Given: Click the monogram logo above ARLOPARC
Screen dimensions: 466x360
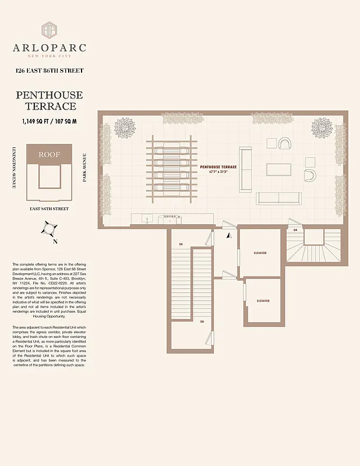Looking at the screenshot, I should [x=49, y=30].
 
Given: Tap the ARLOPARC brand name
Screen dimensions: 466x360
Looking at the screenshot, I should [x=49, y=48].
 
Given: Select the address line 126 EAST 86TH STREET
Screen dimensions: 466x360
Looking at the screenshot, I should [x=49, y=71].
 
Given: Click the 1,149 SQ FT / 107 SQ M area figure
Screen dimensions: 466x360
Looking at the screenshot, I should [x=49, y=121].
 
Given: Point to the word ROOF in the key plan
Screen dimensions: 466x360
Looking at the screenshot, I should [x=49, y=155].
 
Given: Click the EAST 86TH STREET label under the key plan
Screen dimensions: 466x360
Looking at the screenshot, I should [x=49, y=208].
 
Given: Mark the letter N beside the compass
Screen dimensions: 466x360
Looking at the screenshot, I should [x=55, y=241].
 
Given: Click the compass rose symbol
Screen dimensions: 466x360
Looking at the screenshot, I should [x=49, y=228].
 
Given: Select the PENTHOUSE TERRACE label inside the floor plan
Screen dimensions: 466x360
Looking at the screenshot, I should [x=218, y=167].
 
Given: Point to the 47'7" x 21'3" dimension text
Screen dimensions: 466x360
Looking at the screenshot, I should [x=218, y=172].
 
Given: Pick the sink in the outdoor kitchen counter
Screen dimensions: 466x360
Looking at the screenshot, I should [x=147, y=219].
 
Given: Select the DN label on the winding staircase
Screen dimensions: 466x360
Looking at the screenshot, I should [x=295, y=230].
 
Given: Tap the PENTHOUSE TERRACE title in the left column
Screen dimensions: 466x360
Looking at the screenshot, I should [x=49, y=100].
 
